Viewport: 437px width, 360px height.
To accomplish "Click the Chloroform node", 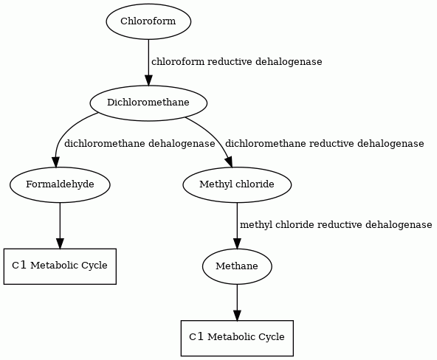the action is (148, 21).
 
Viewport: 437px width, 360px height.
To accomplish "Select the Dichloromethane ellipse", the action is (148, 103).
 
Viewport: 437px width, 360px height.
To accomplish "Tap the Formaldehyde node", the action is (60, 184).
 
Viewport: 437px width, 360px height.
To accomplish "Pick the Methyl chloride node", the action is (237, 184).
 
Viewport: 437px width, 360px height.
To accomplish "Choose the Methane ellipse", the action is (237, 266).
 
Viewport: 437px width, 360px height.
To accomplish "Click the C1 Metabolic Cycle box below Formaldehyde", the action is (60, 266).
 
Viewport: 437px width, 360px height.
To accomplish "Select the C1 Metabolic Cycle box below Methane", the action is (237, 338).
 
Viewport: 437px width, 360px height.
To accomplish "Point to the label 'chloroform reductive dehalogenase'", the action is (237, 61).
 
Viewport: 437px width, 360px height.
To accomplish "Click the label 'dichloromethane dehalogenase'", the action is (140, 144).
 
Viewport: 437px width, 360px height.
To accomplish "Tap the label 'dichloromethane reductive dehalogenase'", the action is (324, 144).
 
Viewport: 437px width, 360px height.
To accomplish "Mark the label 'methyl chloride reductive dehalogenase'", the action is (336, 225).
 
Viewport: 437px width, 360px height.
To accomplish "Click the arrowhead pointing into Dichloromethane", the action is (148, 80).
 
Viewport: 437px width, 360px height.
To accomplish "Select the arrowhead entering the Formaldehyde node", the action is (56, 162).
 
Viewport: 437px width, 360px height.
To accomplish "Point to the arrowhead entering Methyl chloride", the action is (229, 162).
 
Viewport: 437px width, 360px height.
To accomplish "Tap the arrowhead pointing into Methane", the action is (237, 243).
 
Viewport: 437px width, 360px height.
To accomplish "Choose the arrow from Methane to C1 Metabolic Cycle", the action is (237, 302).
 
